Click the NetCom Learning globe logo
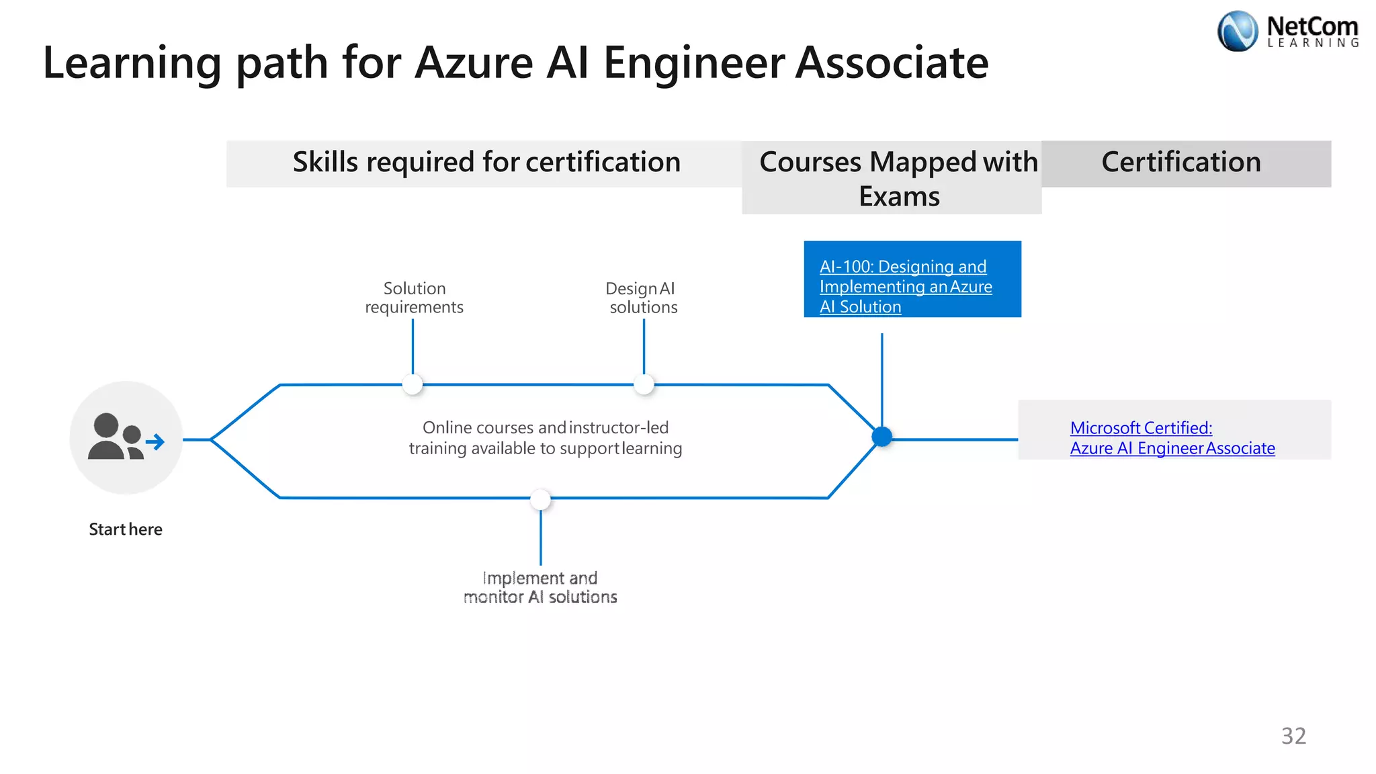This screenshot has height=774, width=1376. pyautogui.click(x=1237, y=32)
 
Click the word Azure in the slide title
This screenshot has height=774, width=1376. pyautogui.click(x=474, y=63)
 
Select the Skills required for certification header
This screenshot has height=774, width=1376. pyautogui.click(x=486, y=163)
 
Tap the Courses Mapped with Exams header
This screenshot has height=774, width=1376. pyautogui.click(x=898, y=179)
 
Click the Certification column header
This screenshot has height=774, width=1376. pyautogui.click(x=1181, y=163)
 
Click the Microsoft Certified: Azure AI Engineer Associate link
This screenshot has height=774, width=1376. pyautogui.click(x=1172, y=437)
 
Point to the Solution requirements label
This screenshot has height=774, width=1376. pyautogui.click(x=414, y=298)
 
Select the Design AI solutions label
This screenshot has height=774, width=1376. pyautogui.click(x=642, y=298)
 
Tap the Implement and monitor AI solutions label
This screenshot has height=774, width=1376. pyautogui.click(x=540, y=587)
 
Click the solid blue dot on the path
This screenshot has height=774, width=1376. pyautogui.click(x=881, y=437)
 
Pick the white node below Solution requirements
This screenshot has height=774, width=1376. pyautogui.click(x=413, y=384)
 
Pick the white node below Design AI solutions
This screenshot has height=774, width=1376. pyautogui.click(x=644, y=384)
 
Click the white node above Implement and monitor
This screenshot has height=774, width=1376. pyautogui.click(x=540, y=499)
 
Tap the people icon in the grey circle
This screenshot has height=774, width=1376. pyautogui.click(x=115, y=437)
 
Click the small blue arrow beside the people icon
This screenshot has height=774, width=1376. pyautogui.click(x=155, y=441)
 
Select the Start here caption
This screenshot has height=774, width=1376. pyautogui.click(x=126, y=529)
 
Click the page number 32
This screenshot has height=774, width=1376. pyautogui.click(x=1293, y=736)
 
